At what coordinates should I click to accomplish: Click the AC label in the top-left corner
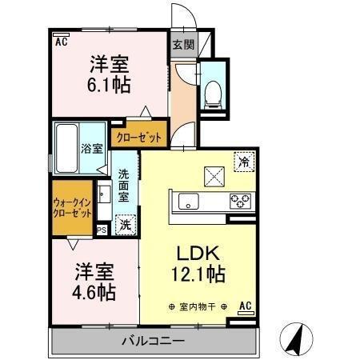coord(61,42)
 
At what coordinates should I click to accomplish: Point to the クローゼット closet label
coord(139,138)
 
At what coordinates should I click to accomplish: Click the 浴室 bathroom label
coord(91,148)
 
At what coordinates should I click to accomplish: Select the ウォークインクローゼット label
coord(71,210)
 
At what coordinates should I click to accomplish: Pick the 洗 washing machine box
coord(126,226)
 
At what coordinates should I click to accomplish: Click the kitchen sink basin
coord(189,201)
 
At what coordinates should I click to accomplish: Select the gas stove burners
coord(241,201)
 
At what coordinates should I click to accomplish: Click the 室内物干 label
coord(197,306)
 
